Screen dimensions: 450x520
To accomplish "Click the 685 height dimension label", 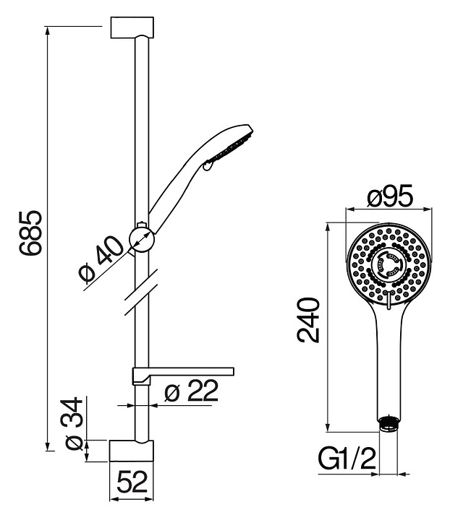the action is [31, 233].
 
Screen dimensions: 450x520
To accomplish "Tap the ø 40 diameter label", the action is [101, 260].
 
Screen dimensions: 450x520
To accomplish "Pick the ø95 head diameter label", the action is [390, 196].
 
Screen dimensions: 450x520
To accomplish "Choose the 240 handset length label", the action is [308, 320].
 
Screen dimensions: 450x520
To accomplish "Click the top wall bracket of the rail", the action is [132, 27].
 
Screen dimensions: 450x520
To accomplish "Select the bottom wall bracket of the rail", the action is [132, 451].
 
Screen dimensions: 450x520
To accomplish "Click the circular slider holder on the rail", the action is [142, 239].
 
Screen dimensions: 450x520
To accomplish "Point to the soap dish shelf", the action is [183, 374].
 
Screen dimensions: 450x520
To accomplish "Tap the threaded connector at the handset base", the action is [389, 424].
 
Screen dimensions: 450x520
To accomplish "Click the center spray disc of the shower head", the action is [389, 265].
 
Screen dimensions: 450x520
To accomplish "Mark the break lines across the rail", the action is [141, 292].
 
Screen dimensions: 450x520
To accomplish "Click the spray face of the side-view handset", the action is [232, 147].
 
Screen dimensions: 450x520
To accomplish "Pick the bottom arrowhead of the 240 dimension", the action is [328, 428].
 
